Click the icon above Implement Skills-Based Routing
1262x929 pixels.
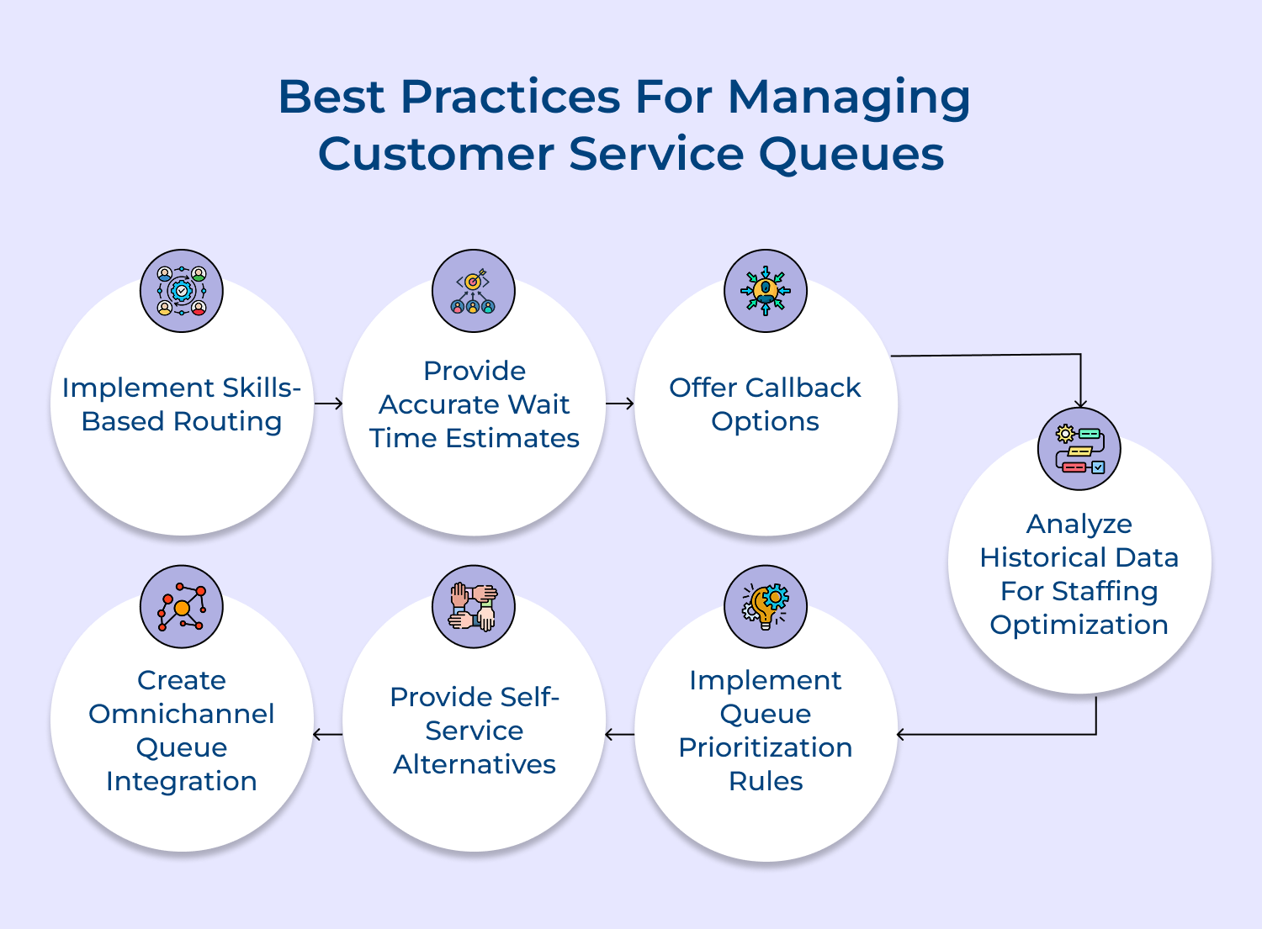click(x=182, y=291)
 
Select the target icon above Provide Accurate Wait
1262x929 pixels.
click(x=474, y=291)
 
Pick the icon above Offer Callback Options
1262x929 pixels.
click(x=766, y=291)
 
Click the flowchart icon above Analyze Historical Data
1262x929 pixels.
click(x=1079, y=449)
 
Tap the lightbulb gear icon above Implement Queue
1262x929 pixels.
click(x=766, y=606)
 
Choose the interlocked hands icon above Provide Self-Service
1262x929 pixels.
click(x=474, y=606)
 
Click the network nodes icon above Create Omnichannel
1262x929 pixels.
click(x=182, y=606)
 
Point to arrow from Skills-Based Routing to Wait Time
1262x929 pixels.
click(x=329, y=404)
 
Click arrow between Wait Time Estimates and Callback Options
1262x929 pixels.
click(x=620, y=404)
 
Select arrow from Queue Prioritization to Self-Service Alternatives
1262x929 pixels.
click(x=619, y=735)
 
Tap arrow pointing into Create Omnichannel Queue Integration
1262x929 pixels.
click(x=327, y=735)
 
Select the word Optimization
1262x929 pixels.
click(x=1079, y=625)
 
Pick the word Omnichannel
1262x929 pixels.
click(x=182, y=714)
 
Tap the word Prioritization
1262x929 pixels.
click(x=766, y=747)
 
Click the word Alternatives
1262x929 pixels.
click(x=475, y=764)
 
